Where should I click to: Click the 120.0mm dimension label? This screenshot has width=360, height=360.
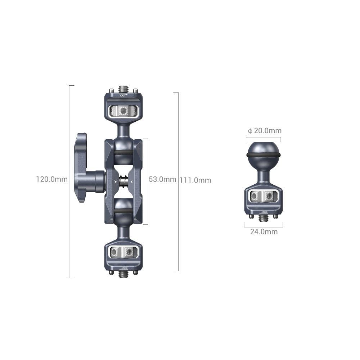[52, 179]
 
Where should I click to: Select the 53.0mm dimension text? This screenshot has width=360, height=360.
[162, 179]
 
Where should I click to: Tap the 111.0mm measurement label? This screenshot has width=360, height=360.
[195, 180]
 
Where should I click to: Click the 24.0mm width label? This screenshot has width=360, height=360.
[264, 232]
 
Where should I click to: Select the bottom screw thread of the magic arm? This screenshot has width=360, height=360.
[123, 274]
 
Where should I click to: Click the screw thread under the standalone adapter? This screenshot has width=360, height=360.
[264, 217]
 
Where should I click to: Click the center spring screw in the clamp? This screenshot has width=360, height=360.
[123, 181]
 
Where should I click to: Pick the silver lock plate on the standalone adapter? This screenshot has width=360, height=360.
[264, 196]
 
